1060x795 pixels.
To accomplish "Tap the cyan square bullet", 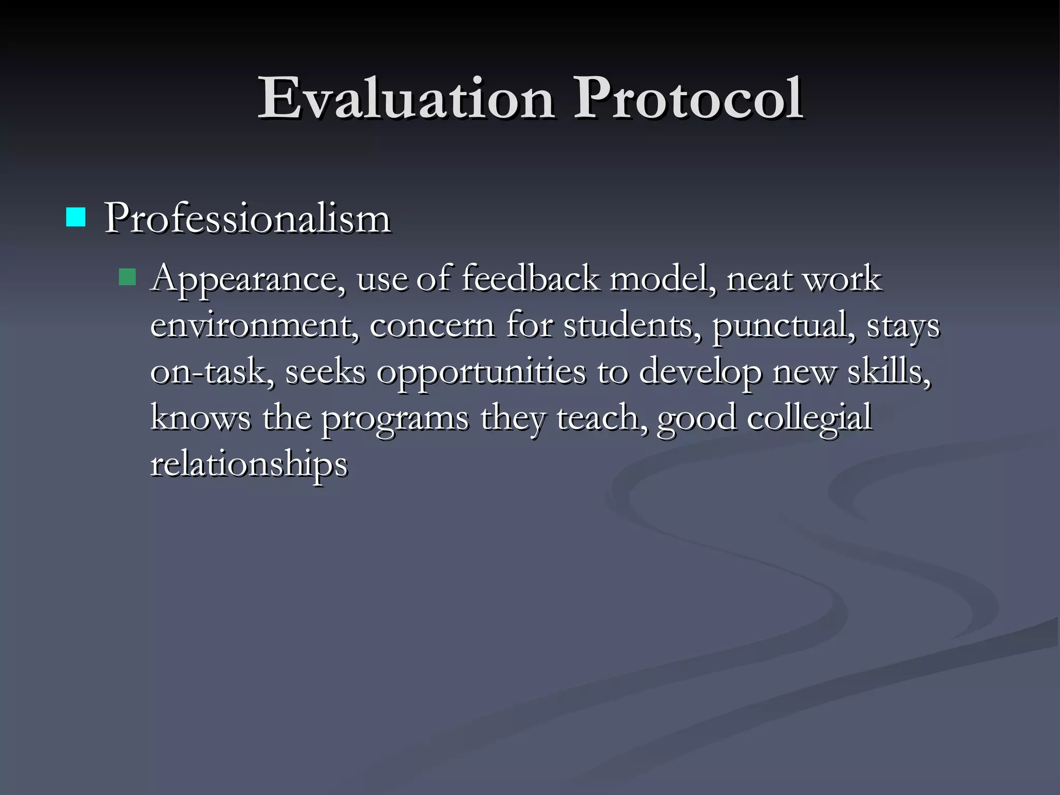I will pyautogui.click(x=76, y=217).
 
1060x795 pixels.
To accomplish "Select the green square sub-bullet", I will pyautogui.click(x=127, y=277).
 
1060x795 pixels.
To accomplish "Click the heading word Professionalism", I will pyautogui.click(x=247, y=218).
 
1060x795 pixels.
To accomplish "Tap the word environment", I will pyautogui.click(x=254, y=326).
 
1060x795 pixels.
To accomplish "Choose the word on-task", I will pyautogui.click(x=212, y=372).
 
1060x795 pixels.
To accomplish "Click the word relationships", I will pyautogui.click(x=249, y=464).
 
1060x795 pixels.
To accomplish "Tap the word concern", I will pyautogui.click(x=432, y=326).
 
